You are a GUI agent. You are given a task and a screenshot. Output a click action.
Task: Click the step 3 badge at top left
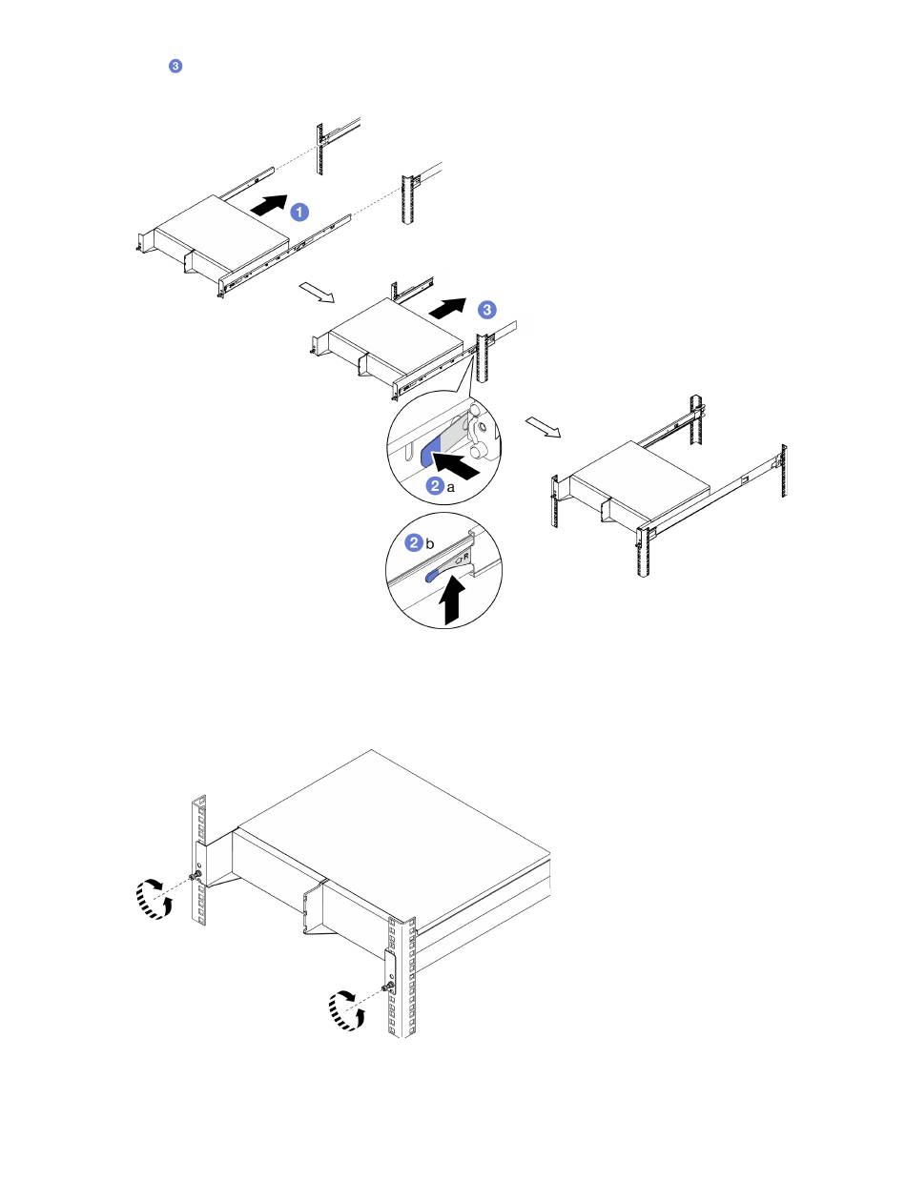point(175,66)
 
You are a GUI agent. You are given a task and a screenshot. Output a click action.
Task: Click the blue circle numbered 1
point(299,212)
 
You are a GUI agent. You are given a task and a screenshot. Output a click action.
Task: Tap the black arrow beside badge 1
point(269,205)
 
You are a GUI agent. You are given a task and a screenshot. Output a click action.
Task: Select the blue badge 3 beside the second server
point(486,310)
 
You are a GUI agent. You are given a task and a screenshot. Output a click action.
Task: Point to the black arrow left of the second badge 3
point(448,308)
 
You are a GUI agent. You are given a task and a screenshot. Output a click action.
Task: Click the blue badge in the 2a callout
point(435,485)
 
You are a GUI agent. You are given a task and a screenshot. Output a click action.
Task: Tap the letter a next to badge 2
point(450,487)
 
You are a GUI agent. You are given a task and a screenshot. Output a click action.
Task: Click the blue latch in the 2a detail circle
point(430,450)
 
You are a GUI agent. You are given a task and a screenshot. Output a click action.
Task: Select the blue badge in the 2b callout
point(415,542)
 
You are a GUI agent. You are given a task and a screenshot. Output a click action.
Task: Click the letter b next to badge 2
point(430,543)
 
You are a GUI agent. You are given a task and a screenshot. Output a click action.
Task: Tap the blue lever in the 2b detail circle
point(437,574)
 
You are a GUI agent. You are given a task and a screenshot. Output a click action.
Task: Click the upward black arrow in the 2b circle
point(452,600)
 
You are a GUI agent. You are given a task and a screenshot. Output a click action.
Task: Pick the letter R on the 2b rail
point(465,557)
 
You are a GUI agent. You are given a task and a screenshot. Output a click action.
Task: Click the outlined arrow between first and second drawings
point(317,292)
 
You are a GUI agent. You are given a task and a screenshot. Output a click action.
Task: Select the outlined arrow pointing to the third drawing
point(543,427)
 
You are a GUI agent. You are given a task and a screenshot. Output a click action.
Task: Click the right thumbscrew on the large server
point(390,987)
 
